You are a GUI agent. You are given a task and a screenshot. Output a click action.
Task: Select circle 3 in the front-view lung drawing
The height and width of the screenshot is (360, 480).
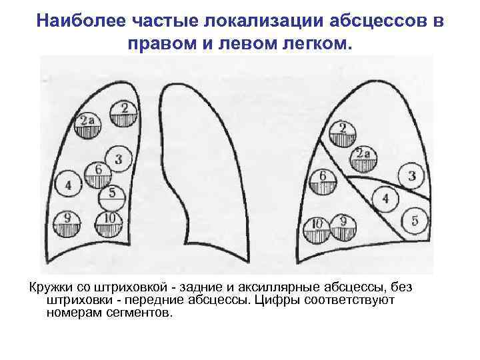(117, 159)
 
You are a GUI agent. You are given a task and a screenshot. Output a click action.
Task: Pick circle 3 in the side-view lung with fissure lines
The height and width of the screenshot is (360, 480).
(411, 176)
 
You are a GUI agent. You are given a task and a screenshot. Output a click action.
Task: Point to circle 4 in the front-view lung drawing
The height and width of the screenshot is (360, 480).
(69, 184)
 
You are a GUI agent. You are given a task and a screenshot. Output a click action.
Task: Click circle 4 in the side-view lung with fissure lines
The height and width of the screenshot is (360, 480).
(385, 199)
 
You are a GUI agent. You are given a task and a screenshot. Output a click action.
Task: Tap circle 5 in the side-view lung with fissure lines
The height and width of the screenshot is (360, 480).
(414, 221)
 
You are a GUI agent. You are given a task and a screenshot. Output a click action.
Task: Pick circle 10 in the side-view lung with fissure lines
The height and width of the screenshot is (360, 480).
(317, 229)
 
